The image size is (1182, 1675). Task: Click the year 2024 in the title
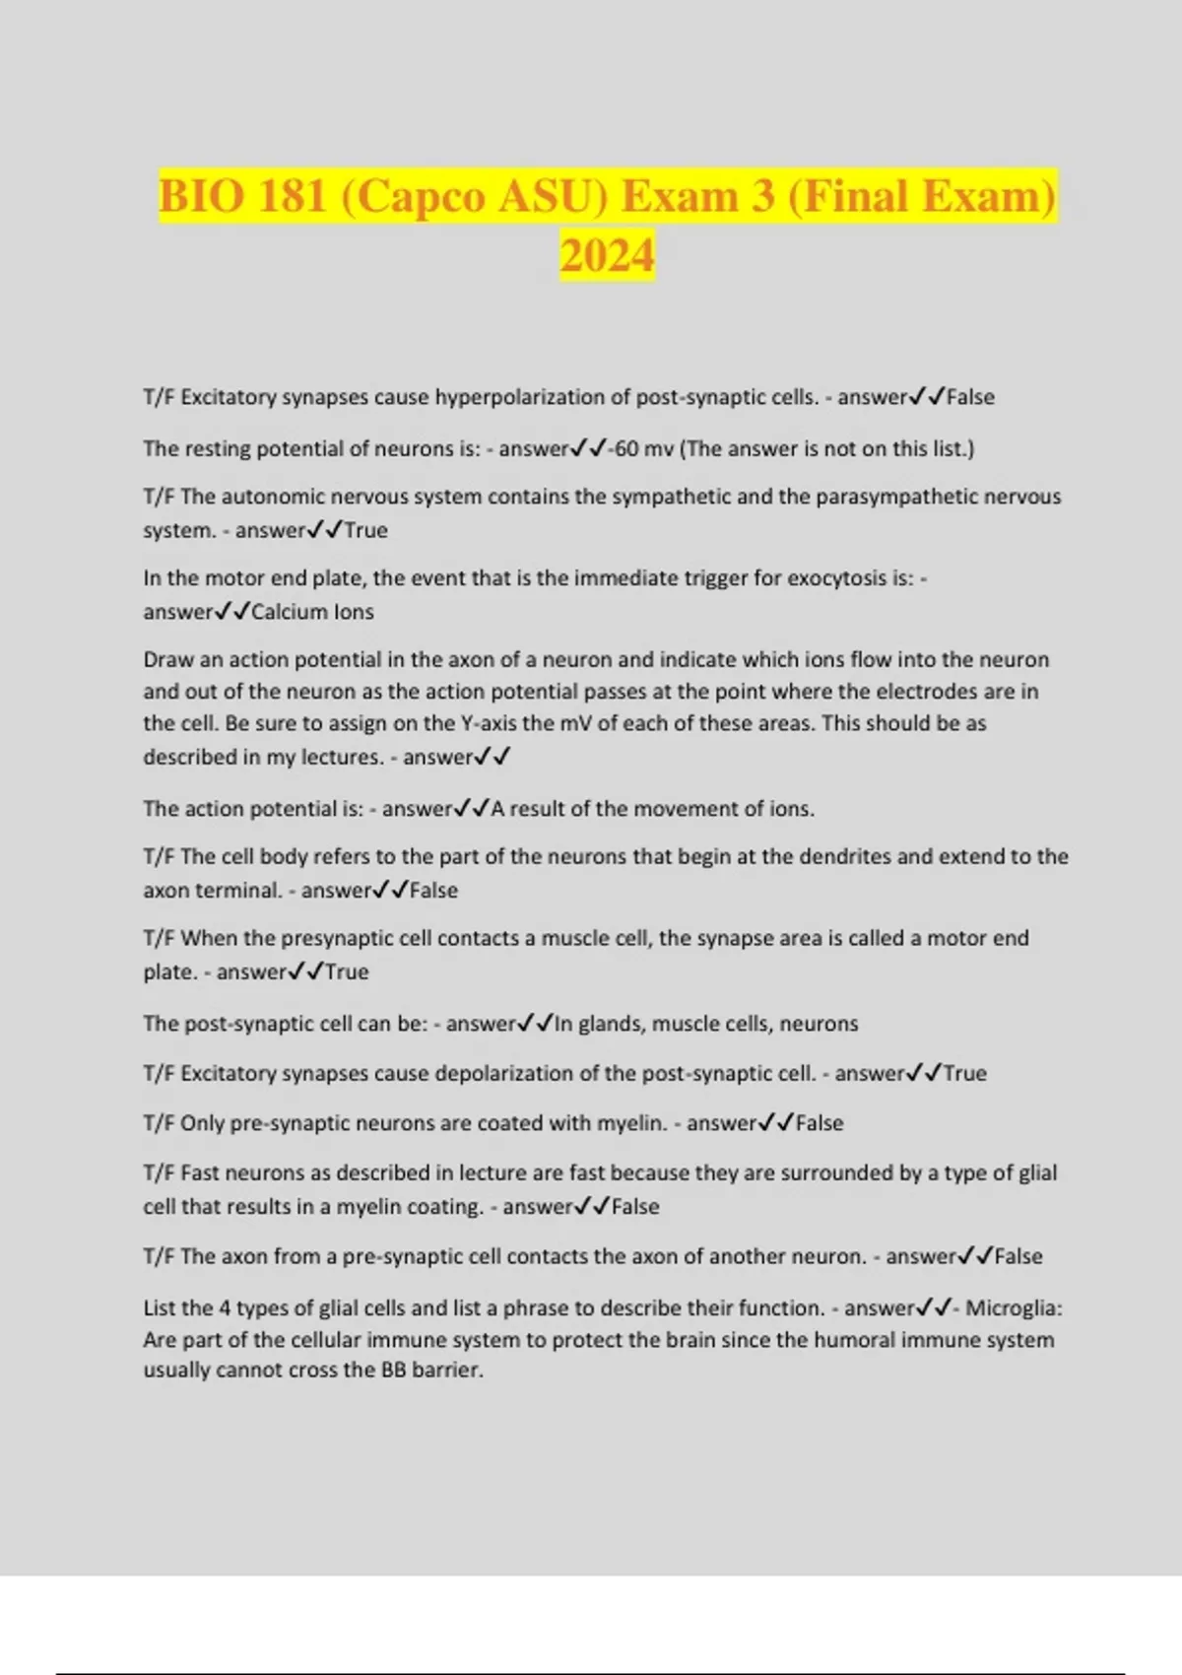(607, 255)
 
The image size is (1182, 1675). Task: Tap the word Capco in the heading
(419, 195)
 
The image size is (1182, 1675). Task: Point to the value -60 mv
(641, 448)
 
